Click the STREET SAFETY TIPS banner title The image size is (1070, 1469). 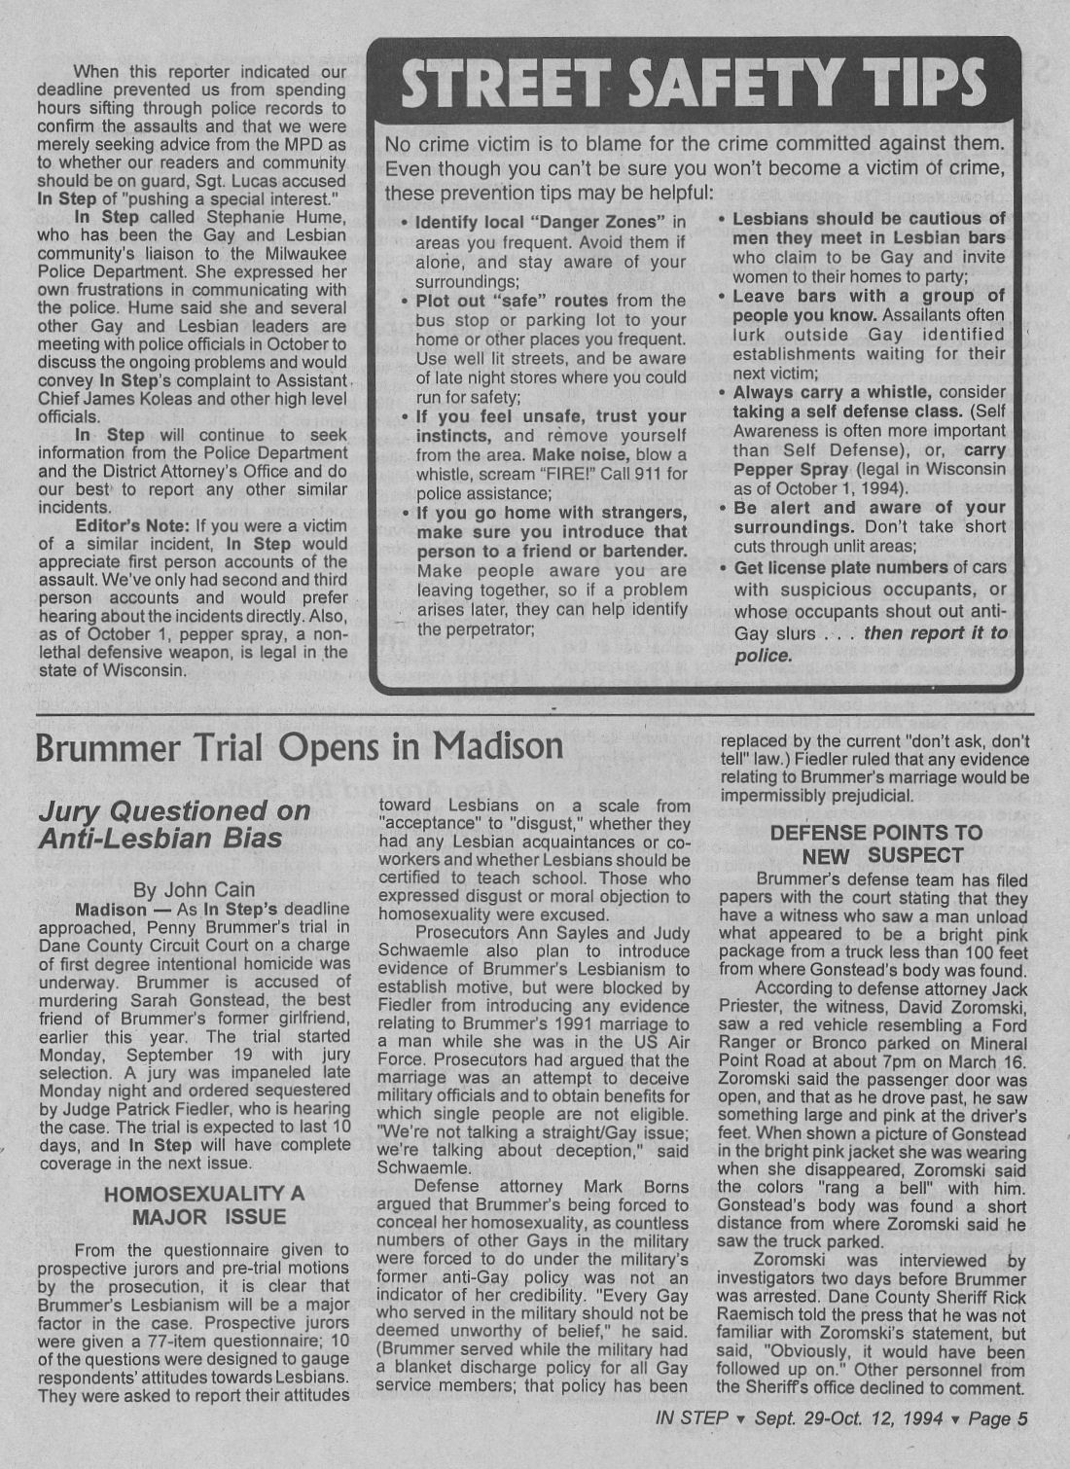coord(695,82)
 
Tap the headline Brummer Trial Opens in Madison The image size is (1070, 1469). coord(299,746)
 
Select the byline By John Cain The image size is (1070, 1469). coord(195,888)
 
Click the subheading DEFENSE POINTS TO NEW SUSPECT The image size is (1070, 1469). coord(875,844)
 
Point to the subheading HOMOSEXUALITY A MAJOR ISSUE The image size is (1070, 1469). coord(204,1204)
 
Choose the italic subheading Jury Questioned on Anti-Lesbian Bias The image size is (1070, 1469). coord(173,824)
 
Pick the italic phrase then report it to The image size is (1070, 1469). coord(936,633)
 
